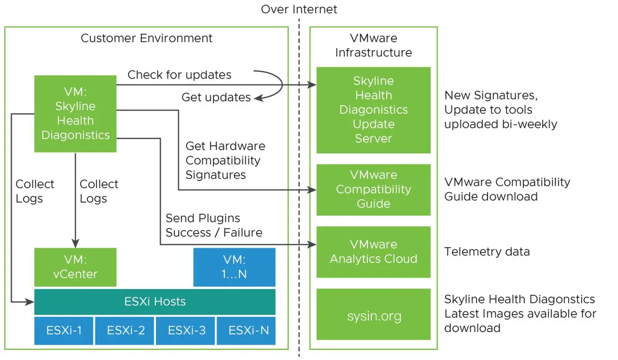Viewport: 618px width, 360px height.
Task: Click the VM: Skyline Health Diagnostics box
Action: coord(75,113)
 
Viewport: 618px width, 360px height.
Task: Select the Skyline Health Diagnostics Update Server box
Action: coord(373,110)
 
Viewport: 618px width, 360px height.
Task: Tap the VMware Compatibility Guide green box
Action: coord(373,189)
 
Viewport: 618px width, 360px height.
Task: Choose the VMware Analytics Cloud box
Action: coord(373,252)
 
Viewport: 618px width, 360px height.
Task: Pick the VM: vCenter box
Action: coord(75,267)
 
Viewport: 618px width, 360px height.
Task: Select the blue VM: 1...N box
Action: coord(234,267)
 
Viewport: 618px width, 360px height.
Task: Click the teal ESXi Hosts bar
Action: coord(155,302)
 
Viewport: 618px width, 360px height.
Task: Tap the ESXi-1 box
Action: coord(64,331)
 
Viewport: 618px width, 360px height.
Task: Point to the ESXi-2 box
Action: coord(125,331)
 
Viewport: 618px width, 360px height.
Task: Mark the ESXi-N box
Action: coord(246,331)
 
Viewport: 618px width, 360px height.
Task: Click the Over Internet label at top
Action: coord(299,9)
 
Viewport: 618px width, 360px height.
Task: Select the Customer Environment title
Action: coord(146,38)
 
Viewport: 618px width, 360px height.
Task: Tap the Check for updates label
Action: coord(179,75)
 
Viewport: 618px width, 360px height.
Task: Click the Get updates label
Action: coord(216,97)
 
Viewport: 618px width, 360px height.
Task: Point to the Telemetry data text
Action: coord(487,251)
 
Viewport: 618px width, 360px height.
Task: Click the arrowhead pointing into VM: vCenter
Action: coord(75,243)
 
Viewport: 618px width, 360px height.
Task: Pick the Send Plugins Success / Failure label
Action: coord(214,225)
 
